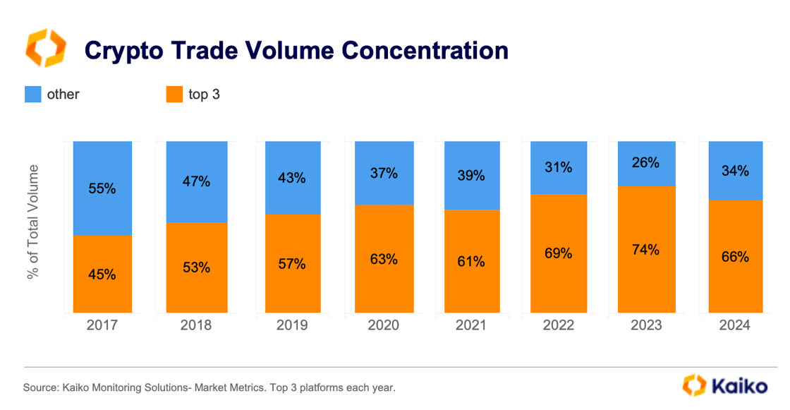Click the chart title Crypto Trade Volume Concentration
296,50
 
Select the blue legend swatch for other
32,94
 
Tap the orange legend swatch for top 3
174,94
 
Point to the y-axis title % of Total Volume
32,222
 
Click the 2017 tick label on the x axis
102,325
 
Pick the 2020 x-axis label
383,325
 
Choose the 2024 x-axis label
735,325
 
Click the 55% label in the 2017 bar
102,189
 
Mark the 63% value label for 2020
383,259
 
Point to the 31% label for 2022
558,168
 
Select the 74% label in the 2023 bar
646,249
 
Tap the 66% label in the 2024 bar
735,257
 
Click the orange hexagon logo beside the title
46,49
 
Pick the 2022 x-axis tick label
558,325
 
